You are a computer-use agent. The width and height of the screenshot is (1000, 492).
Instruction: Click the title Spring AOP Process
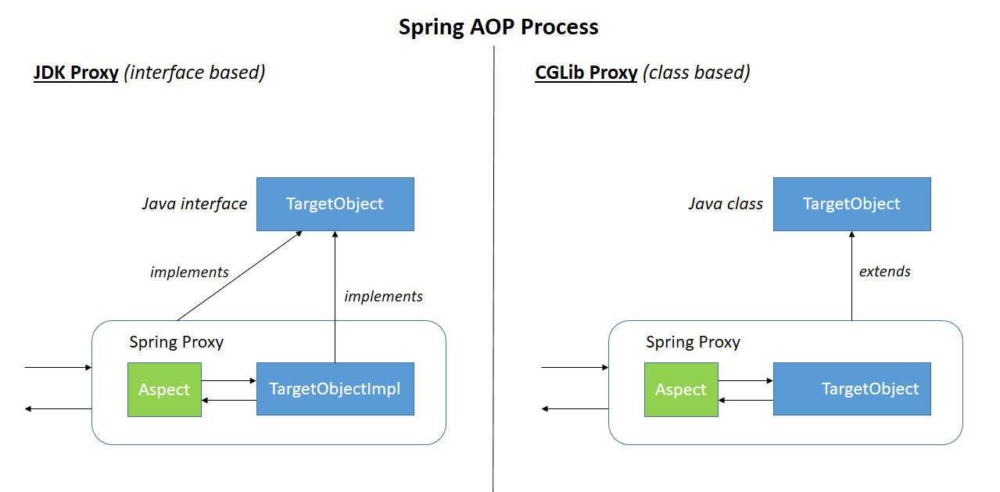click(x=498, y=27)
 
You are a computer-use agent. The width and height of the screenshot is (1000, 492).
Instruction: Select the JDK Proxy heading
click(x=76, y=73)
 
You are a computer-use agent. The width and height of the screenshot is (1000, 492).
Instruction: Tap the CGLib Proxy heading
click(x=586, y=73)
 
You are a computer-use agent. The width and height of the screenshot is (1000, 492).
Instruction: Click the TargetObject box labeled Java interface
click(x=335, y=204)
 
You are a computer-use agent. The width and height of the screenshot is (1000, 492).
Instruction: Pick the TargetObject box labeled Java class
click(x=851, y=204)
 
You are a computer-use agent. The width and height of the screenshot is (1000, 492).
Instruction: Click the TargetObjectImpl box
click(x=335, y=388)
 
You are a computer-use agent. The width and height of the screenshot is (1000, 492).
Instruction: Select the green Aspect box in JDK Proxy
click(x=164, y=389)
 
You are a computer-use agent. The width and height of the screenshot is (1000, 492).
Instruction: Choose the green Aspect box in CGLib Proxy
click(x=680, y=389)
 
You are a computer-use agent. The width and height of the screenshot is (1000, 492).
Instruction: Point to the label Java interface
click(x=194, y=204)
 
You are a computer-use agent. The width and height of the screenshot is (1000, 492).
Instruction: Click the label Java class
click(x=725, y=204)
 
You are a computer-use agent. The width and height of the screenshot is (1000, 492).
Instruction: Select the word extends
click(x=884, y=272)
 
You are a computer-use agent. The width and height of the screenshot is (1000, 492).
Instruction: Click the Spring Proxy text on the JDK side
click(x=176, y=342)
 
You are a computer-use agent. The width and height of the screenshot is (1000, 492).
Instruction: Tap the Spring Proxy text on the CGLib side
click(x=693, y=342)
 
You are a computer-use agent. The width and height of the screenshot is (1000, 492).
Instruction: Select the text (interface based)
click(x=195, y=73)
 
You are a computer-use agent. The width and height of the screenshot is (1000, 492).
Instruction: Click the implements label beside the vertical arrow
click(x=383, y=296)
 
